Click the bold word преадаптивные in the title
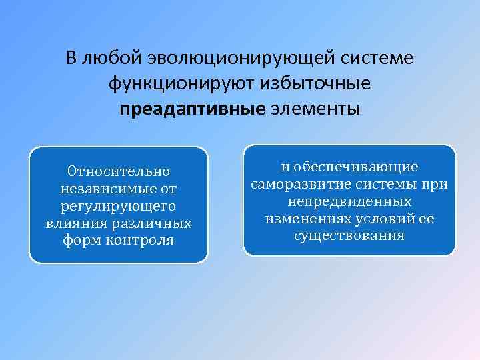(193, 108)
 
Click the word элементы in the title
(315, 108)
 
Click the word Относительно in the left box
(119, 172)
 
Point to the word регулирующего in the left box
(118, 206)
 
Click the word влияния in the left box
(69, 223)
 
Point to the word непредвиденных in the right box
(349, 201)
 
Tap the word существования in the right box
(349, 236)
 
